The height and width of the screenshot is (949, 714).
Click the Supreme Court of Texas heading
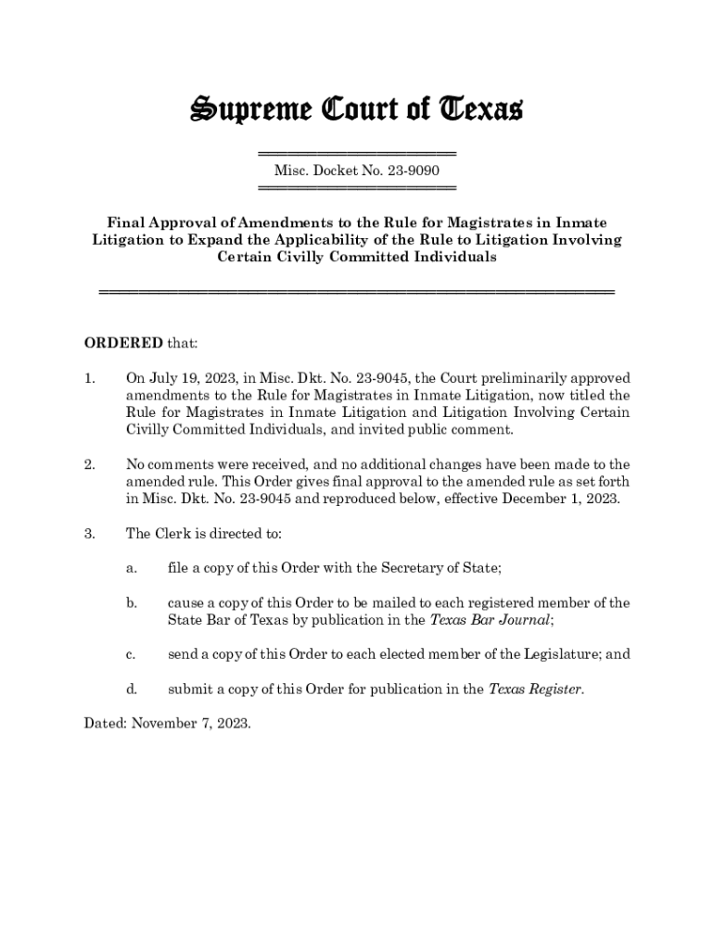click(357, 110)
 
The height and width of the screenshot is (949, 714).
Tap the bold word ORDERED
click(123, 343)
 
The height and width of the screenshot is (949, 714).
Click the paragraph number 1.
click(89, 378)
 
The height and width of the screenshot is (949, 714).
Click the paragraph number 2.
click(89, 464)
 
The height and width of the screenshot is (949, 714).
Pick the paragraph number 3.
click(89, 534)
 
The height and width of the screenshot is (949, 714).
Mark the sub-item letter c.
click(132, 654)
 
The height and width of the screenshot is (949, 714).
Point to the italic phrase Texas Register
click(535, 689)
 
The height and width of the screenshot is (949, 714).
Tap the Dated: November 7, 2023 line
click(167, 723)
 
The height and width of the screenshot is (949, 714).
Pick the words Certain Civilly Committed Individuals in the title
click(357, 258)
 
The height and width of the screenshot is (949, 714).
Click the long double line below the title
click(357, 292)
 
